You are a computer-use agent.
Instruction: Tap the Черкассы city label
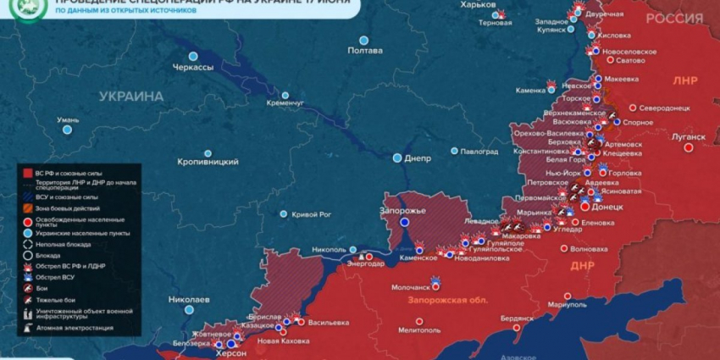tap(193, 67)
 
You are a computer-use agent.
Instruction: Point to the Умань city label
tap(68, 120)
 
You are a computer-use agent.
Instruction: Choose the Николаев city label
tap(189, 300)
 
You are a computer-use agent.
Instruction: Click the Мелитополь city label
tap(418, 330)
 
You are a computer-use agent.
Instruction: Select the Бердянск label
tap(517, 318)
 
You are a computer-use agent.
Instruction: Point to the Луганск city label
tap(687, 136)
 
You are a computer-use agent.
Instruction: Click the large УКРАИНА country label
tap(131, 97)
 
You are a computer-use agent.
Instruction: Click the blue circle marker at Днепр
tap(397, 158)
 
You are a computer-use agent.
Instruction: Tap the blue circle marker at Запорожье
tap(405, 222)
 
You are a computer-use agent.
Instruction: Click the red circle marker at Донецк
tap(584, 207)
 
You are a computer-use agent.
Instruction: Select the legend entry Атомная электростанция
tap(75, 328)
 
